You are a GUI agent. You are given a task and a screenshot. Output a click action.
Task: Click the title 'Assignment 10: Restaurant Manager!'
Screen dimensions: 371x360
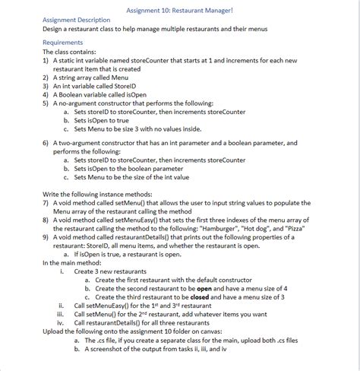tap(180, 8)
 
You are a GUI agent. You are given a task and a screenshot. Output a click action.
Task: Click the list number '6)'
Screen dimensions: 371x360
tap(46, 143)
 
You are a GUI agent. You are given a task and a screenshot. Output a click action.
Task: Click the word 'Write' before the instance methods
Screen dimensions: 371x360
tap(53, 193)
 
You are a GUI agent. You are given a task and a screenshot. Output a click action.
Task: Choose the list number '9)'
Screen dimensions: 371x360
tap(46, 236)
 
